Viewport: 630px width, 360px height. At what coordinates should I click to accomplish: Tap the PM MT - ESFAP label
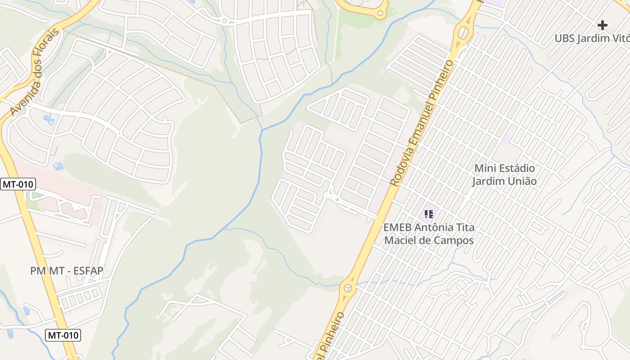(67, 271)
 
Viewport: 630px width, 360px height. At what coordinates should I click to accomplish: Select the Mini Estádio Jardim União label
(504, 175)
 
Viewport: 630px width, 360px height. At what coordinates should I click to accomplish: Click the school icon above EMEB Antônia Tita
(429, 214)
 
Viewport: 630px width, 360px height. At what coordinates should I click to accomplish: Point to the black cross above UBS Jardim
(602, 25)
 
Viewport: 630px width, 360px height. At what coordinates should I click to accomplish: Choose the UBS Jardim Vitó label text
(592, 38)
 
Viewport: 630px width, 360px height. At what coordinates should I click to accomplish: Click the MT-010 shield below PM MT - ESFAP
(63, 335)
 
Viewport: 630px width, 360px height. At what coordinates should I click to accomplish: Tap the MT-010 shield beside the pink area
(18, 184)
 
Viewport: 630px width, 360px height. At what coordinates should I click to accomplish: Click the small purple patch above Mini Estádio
(506, 139)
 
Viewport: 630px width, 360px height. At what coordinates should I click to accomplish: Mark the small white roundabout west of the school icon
(337, 199)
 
